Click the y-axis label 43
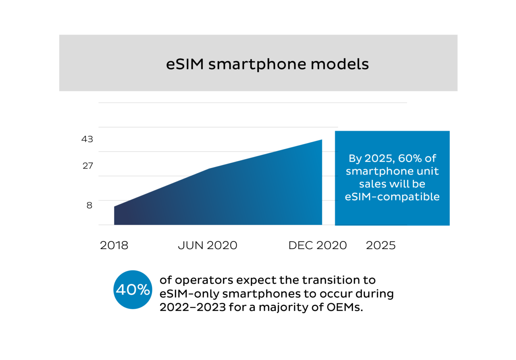(87, 139)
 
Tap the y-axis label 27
(87, 166)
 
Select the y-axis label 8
(89, 205)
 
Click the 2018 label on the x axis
(114, 246)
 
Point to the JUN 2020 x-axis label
(207, 246)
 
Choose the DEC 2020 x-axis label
(317, 246)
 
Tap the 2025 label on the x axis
(381, 246)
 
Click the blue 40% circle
(133, 290)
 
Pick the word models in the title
(347, 65)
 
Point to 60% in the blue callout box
(417, 158)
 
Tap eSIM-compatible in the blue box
(392, 197)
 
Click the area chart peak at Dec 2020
(321, 140)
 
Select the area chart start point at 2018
(115, 207)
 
